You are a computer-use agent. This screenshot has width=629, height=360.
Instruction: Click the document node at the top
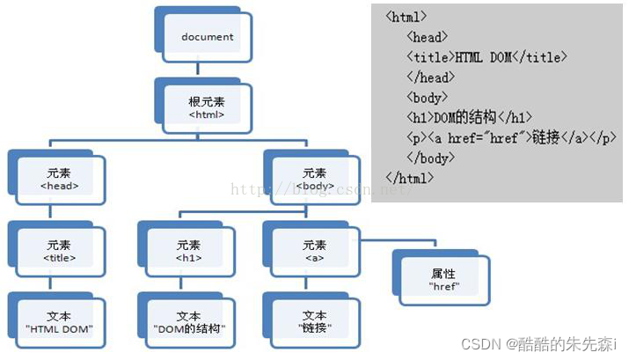point(207,36)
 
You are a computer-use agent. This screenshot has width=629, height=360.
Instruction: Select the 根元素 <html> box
point(207,107)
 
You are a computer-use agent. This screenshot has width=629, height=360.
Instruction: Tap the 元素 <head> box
point(59,179)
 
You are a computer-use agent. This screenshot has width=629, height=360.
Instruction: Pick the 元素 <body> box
point(313,179)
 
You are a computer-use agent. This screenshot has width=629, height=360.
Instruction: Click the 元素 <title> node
point(59,251)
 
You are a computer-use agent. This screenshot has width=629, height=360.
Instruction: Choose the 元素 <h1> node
point(188,251)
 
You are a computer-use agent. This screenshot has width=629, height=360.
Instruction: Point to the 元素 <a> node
point(313,251)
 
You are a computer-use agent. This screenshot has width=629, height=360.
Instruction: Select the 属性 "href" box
point(442,279)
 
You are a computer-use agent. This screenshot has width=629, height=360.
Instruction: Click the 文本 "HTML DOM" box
point(59,321)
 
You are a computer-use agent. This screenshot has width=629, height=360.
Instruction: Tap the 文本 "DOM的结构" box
point(188,321)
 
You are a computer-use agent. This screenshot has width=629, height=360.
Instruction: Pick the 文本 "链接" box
point(313,321)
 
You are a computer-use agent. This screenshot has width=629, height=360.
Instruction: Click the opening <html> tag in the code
point(406,17)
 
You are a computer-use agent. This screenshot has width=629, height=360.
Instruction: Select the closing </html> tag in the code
point(409,178)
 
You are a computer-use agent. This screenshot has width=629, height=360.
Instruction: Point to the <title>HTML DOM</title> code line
point(486,57)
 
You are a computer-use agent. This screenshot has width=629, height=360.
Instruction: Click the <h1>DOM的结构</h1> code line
point(470,118)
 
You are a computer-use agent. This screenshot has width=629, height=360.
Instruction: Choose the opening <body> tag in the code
point(428,98)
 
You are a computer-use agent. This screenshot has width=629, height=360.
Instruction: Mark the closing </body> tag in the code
point(430,158)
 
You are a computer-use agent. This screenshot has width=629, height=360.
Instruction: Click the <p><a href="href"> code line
point(511,138)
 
